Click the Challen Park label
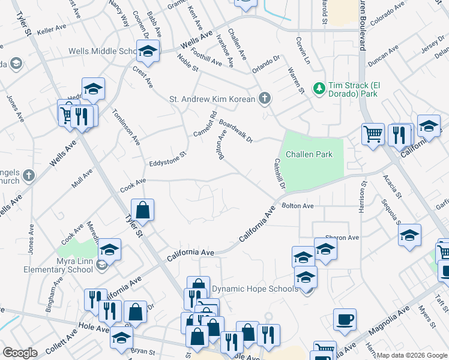[309, 154]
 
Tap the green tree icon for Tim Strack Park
[319, 88]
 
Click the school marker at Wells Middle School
[147, 52]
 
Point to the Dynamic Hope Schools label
[255, 289]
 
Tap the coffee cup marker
[345, 320]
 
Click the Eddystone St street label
[169, 158]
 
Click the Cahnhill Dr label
[279, 174]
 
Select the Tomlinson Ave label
[125, 127]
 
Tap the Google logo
[20, 353]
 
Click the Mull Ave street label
[82, 178]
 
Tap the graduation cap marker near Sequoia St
[409, 236]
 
